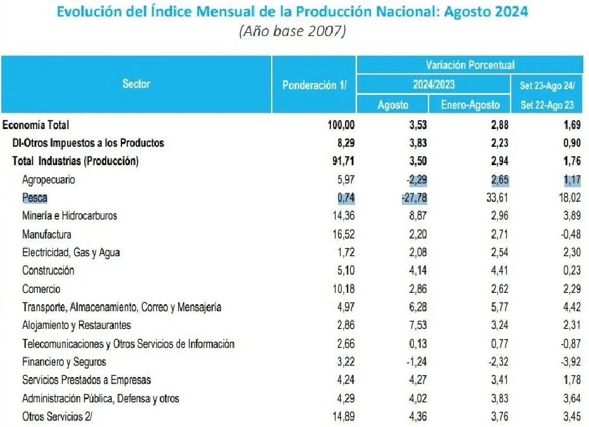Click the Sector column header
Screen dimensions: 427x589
pyautogui.click(x=136, y=84)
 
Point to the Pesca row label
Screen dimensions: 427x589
pyautogui.click(x=34, y=197)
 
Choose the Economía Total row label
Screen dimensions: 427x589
pyautogui.click(x=36, y=125)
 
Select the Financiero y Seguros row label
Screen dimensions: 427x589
pyautogui.click(x=64, y=362)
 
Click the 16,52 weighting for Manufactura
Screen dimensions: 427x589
pyautogui.click(x=343, y=234)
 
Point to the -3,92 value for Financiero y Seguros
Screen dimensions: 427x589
pyautogui.click(x=568, y=362)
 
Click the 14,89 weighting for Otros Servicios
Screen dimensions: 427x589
pyautogui.click(x=343, y=416)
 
